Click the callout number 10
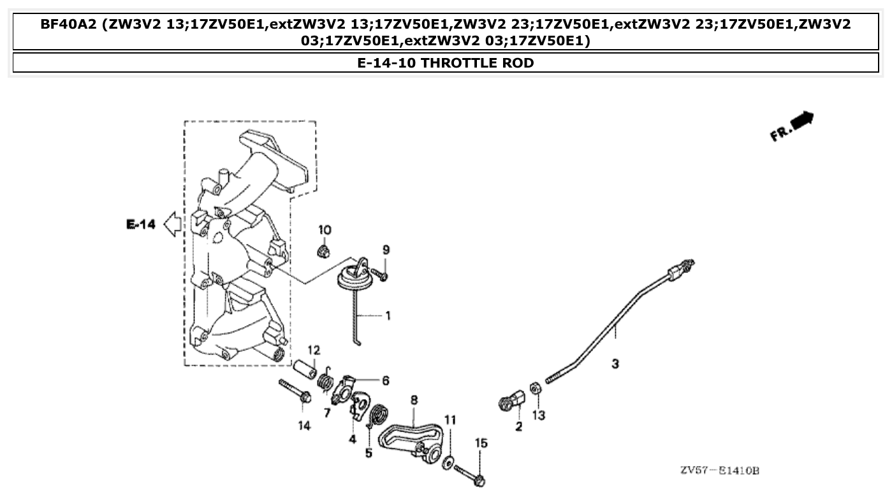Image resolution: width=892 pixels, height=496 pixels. (x=325, y=230)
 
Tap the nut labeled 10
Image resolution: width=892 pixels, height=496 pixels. (x=324, y=250)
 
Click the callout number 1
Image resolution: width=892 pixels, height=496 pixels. (x=387, y=316)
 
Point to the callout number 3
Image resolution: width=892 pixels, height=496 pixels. (x=615, y=364)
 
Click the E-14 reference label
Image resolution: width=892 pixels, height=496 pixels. (x=140, y=224)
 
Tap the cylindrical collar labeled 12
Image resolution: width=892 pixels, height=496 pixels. (x=305, y=369)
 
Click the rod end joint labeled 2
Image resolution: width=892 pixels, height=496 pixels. (x=511, y=402)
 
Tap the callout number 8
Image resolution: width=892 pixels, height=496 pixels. (x=414, y=400)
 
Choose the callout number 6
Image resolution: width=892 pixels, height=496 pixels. (x=386, y=381)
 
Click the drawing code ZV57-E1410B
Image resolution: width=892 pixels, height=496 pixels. (x=719, y=471)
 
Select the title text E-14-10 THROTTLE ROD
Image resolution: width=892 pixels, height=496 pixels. (x=446, y=62)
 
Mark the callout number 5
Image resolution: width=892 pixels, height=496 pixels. (x=369, y=453)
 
